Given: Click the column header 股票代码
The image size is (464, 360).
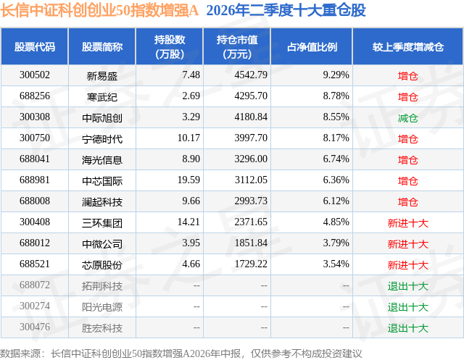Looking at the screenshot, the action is point(35,46).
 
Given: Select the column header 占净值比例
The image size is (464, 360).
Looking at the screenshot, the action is point(312,46).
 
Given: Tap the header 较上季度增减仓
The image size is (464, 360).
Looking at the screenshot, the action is point(408,46).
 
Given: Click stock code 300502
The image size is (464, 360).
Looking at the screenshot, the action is point(35,75).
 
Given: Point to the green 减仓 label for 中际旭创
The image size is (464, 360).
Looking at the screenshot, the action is point(407,118).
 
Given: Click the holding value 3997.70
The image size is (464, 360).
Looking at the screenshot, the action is point(251,138).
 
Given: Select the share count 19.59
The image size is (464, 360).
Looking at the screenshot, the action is point(188,180).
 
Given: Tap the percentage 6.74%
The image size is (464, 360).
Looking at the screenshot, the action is point(336,159).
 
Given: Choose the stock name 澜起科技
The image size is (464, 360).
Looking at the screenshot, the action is point(102,202).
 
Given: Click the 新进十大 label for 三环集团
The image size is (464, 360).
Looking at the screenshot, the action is point(407,223).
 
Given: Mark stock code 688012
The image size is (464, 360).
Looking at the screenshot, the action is point(35,243).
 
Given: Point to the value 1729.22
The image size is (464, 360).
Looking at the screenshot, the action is point(251,264).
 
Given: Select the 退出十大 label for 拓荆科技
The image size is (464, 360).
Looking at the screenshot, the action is point(407,286).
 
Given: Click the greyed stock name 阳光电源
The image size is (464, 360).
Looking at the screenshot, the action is point(102,307).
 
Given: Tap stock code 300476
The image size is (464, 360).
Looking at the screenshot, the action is point(35,327).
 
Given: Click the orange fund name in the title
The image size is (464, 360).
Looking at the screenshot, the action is point(99,10).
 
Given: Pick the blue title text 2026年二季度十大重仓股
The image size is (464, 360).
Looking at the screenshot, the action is point(286,10).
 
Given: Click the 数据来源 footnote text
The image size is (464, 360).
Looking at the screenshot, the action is point(181,353).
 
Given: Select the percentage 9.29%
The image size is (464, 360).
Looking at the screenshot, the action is point(336,75).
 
